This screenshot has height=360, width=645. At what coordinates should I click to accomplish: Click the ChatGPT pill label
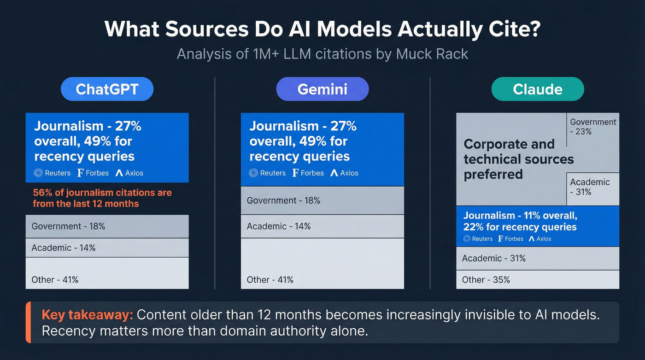[x=107, y=89]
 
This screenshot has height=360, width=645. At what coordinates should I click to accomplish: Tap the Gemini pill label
[x=322, y=89]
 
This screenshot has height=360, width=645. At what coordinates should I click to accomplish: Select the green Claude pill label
[x=537, y=89]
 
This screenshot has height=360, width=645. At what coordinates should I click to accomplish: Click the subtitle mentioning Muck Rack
[x=322, y=54]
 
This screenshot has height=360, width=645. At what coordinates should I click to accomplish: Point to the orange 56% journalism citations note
[x=102, y=198]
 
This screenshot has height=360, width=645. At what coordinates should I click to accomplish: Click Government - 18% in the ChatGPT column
[x=68, y=226]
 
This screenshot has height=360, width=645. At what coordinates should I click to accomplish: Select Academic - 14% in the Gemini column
[x=279, y=226]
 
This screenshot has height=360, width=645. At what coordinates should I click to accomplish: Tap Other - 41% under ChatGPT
[x=55, y=279]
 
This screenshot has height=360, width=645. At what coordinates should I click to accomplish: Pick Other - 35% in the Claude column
[x=486, y=279]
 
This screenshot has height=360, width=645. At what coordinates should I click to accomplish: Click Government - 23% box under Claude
[x=593, y=127]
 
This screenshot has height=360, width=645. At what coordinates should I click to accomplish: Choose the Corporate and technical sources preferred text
[x=518, y=159]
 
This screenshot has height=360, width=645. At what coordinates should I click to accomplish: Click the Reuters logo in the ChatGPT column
[x=52, y=173]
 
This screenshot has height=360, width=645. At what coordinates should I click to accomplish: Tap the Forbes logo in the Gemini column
[x=308, y=173]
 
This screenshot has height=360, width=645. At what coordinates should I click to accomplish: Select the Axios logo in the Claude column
[x=540, y=239]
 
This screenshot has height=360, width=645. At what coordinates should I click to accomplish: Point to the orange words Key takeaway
[x=87, y=315]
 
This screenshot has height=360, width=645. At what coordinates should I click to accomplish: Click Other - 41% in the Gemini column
[x=270, y=279]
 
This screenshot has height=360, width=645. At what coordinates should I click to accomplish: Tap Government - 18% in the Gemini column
[x=283, y=201]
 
